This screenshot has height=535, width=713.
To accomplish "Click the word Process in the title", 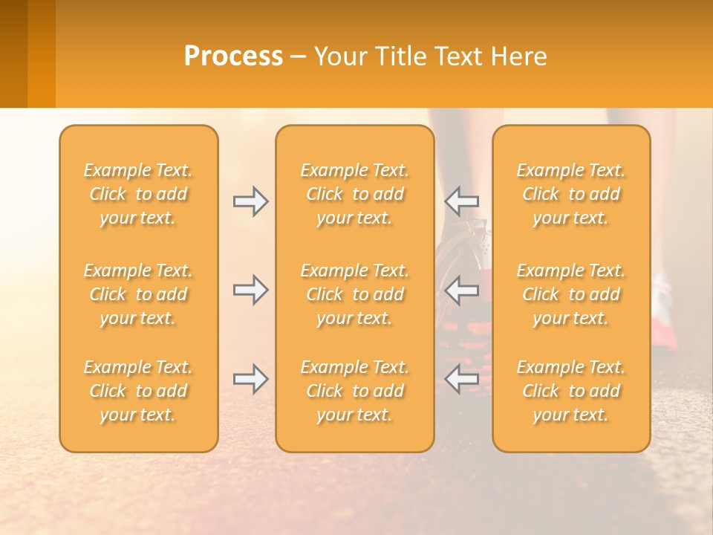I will click(233, 56).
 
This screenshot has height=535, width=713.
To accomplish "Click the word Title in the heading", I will click(400, 56).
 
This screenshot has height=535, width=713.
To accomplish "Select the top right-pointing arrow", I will click(251, 201).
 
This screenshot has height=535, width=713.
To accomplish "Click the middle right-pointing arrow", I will click(251, 290).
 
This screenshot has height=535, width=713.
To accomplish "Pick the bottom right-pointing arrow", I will click(251, 379).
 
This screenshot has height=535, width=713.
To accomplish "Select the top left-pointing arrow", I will click(461, 201).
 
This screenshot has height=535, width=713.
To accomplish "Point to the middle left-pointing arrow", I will click(461, 290).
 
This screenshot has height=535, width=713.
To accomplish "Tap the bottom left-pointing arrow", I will click(461, 379).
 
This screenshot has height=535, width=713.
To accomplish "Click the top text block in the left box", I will click(138, 194).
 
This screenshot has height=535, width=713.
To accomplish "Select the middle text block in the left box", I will click(138, 294).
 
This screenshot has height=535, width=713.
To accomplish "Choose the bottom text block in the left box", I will click(138, 391).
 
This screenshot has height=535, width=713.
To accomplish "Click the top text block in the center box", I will click(354, 194).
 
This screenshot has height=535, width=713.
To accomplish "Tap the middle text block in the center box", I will click(354, 294).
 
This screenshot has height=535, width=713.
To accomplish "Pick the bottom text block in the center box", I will click(354, 391).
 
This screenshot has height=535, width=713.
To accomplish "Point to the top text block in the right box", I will click(571, 194).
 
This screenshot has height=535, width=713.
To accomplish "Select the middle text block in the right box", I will click(571, 294).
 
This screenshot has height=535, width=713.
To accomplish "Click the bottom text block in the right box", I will click(571, 391).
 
